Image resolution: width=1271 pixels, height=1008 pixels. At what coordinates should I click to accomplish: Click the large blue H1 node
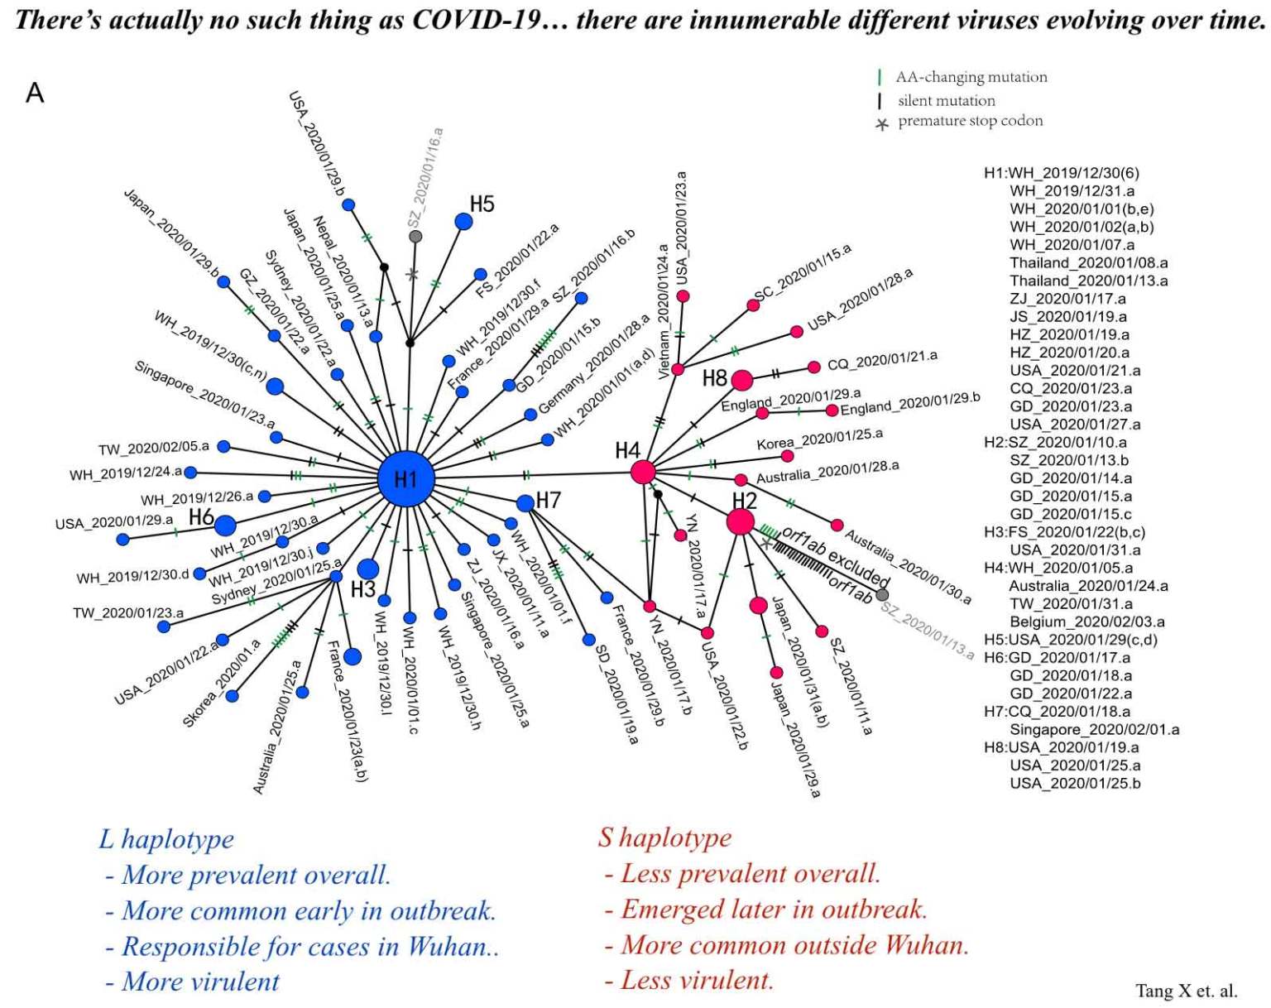click(x=406, y=478)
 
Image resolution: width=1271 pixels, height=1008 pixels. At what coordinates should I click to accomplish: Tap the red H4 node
click(x=643, y=473)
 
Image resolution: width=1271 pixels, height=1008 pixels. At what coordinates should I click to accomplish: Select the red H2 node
click(x=740, y=522)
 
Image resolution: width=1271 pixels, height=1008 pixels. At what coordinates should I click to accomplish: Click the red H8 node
click(x=741, y=380)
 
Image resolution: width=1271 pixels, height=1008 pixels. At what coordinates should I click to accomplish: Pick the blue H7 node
click(x=525, y=503)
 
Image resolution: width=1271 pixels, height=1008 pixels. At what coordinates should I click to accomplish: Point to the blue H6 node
click(x=225, y=526)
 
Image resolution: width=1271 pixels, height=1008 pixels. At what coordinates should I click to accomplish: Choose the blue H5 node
click(x=463, y=222)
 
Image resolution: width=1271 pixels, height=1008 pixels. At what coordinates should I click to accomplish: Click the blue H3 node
click(x=368, y=569)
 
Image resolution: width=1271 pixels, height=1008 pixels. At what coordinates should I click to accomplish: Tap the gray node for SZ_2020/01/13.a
click(x=882, y=595)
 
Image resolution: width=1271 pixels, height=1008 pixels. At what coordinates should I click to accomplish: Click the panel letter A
click(x=35, y=94)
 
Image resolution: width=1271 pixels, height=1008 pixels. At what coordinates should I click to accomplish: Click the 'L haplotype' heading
click(x=166, y=840)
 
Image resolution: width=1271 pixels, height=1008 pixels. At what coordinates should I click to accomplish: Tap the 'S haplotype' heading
click(x=665, y=838)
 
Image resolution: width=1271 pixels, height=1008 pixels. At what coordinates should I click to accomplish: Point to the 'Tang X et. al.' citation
click(x=1186, y=991)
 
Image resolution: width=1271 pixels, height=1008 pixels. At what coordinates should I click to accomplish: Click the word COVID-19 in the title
click(x=477, y=21)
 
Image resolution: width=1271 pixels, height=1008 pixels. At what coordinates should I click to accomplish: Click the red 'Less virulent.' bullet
click(x=689, y=981)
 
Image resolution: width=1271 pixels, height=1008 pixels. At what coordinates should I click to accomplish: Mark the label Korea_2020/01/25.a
click(x=820, y=439)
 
